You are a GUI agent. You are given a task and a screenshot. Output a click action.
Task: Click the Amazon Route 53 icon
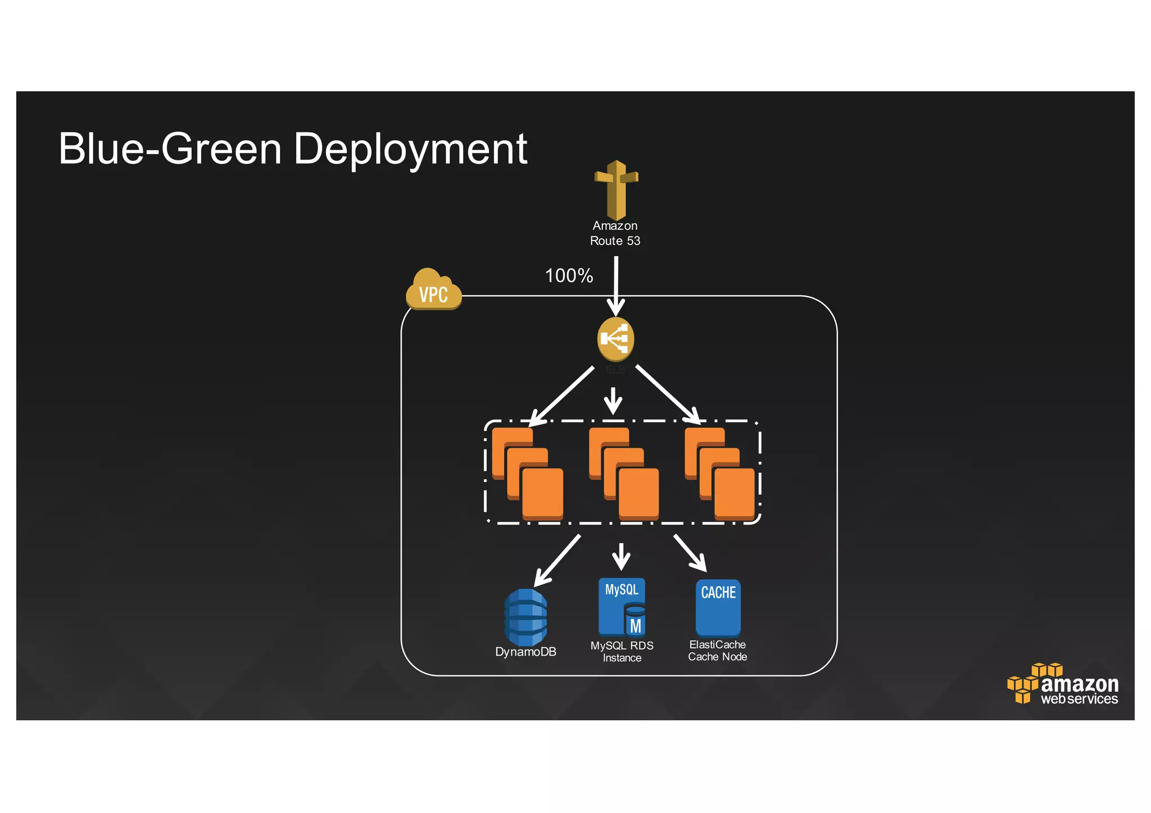pos(616,190)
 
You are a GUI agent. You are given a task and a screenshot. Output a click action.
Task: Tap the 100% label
pos(569,276)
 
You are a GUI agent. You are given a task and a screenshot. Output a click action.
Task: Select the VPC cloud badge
pos(433,290)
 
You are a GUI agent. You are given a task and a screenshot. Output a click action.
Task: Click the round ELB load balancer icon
pos(615,339)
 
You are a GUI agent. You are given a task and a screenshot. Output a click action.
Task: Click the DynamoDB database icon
pos(525,617)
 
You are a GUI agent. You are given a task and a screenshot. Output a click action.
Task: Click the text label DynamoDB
pos(525,652)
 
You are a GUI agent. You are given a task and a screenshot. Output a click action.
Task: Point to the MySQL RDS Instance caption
pos(622,652)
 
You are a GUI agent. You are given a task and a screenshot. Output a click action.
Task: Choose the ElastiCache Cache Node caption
pos(718,651)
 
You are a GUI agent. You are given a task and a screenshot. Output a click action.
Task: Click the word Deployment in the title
pos(410,149)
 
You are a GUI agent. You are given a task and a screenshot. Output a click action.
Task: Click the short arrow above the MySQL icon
pos(621,556)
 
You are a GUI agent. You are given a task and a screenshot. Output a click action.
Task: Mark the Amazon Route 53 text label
pos(615,233)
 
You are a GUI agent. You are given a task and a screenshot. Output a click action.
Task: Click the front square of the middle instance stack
pos(638,493)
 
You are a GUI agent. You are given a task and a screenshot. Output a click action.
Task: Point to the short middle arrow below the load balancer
pos(613,400)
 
